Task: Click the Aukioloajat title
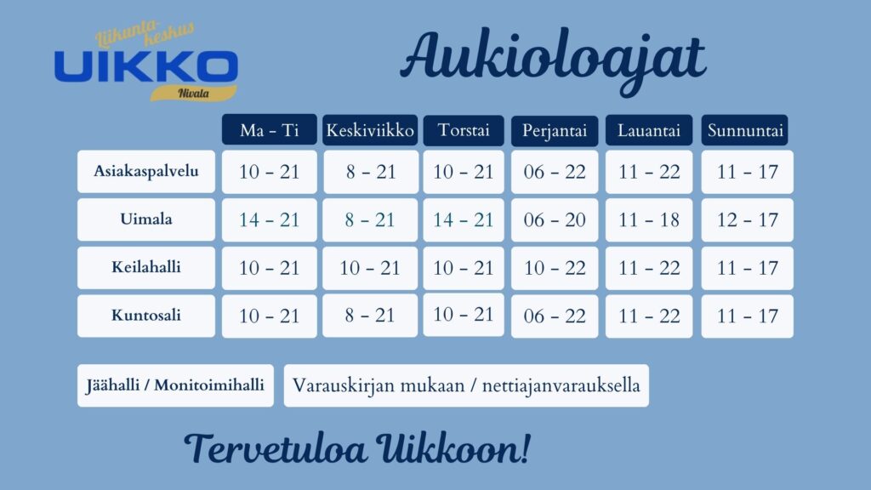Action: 553,60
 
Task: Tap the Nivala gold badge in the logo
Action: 193,93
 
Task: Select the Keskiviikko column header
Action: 370,130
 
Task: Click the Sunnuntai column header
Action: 745,130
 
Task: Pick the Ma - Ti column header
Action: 270,130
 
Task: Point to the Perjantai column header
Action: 555,130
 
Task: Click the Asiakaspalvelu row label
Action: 146,171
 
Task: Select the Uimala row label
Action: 146,219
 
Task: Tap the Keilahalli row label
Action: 146,267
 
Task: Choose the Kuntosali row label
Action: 146,316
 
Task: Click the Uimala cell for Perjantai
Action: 555,220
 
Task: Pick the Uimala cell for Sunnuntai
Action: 747,220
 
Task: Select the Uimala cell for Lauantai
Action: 649,220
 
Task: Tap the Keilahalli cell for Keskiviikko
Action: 370,268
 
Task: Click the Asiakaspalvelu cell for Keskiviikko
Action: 371,172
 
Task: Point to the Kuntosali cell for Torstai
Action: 464,315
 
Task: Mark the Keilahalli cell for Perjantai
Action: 555,268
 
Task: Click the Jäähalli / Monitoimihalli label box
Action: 175,385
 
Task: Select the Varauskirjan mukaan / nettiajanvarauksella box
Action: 466,385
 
